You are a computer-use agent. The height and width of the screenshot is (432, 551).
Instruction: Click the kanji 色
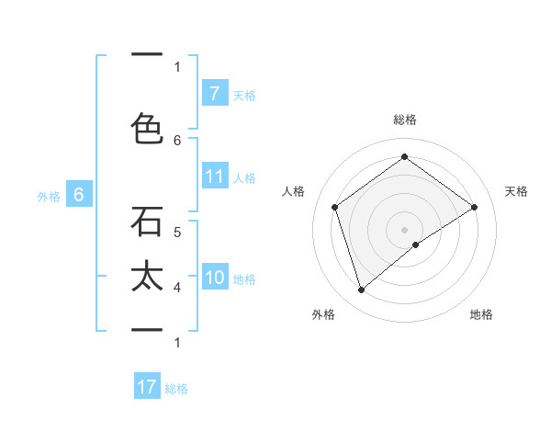click(x=147, y=128)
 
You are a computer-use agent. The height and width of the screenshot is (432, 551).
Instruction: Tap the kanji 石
click(x=147, y=222)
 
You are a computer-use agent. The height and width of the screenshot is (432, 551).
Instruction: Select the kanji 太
click(x=147, y=279)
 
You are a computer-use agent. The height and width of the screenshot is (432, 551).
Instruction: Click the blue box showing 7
click(x=214, y=93)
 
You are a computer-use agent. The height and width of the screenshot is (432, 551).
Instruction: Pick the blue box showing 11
click(x=215, y=176)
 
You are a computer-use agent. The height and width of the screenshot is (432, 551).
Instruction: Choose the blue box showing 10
click(x=215, y=278)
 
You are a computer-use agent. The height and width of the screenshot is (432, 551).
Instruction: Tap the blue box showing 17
click(x=147, y=387)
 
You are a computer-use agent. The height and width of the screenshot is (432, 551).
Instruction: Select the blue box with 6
click(x=79, y=195)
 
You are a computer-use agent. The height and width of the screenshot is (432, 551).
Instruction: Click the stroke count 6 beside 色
click(x=177, y=140)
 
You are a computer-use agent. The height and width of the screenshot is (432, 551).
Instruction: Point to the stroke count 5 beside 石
click(x=177, y=233)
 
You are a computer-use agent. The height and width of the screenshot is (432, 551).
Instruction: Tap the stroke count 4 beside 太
click(x=177, y=288)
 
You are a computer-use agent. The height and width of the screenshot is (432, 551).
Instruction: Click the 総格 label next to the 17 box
click(x=176, y=388)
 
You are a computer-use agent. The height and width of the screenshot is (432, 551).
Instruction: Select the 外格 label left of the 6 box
click(x=49, y=196)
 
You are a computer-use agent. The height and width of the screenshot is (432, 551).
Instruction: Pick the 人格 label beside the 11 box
click(x=244, y=177)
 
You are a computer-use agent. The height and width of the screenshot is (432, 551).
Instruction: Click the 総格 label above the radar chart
click(x=405, y=119)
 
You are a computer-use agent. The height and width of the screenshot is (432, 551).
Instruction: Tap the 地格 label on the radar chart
click(x=481, y=314)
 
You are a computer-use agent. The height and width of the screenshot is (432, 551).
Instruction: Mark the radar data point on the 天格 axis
click(x=474, y=207)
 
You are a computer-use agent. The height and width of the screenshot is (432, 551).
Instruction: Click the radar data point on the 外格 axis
click(x=361, y=290)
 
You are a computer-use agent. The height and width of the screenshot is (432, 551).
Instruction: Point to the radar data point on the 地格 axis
click(x=416, y=244)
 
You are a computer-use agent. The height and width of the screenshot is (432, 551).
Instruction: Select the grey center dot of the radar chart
click(x=404, y=229)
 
